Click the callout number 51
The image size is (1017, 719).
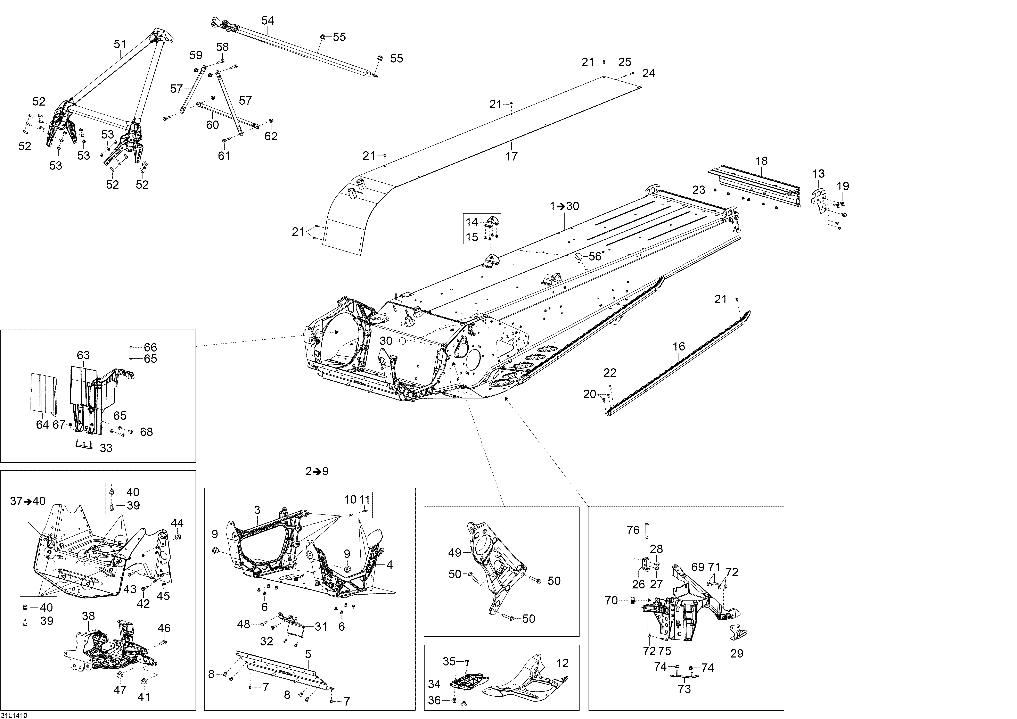click(120, 44)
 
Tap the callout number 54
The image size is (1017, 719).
click(268, 20)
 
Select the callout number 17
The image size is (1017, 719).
click(512, 156)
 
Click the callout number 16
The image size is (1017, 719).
click(679, 347)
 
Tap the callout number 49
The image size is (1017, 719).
click(455, 553)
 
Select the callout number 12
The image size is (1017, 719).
click(563, 663)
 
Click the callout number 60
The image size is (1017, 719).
click(213, 125)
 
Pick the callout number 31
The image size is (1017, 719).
click(321, 627)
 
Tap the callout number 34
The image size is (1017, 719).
click(435, 685)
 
